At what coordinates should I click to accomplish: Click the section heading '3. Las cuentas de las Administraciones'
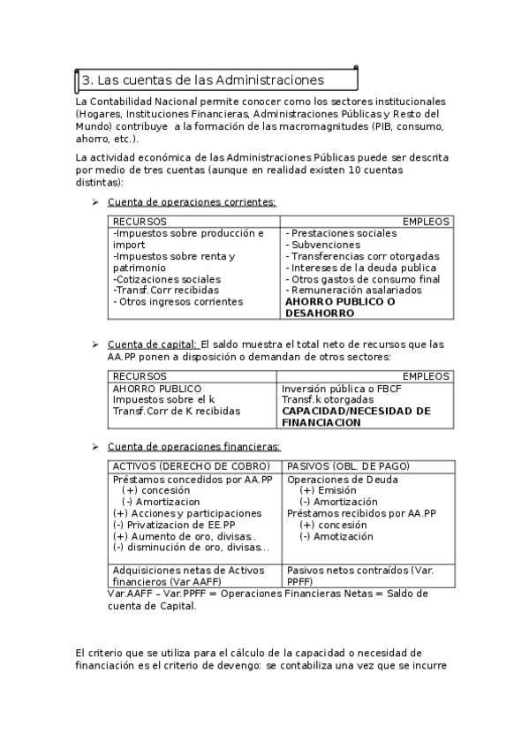click(203, 80)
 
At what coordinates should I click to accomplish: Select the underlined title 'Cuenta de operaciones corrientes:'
click(192, 202)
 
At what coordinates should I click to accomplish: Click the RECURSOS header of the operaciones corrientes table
click(140, 222)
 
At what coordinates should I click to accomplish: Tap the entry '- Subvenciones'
click(322, 245)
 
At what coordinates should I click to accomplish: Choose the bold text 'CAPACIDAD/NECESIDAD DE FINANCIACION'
click(355, 417)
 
